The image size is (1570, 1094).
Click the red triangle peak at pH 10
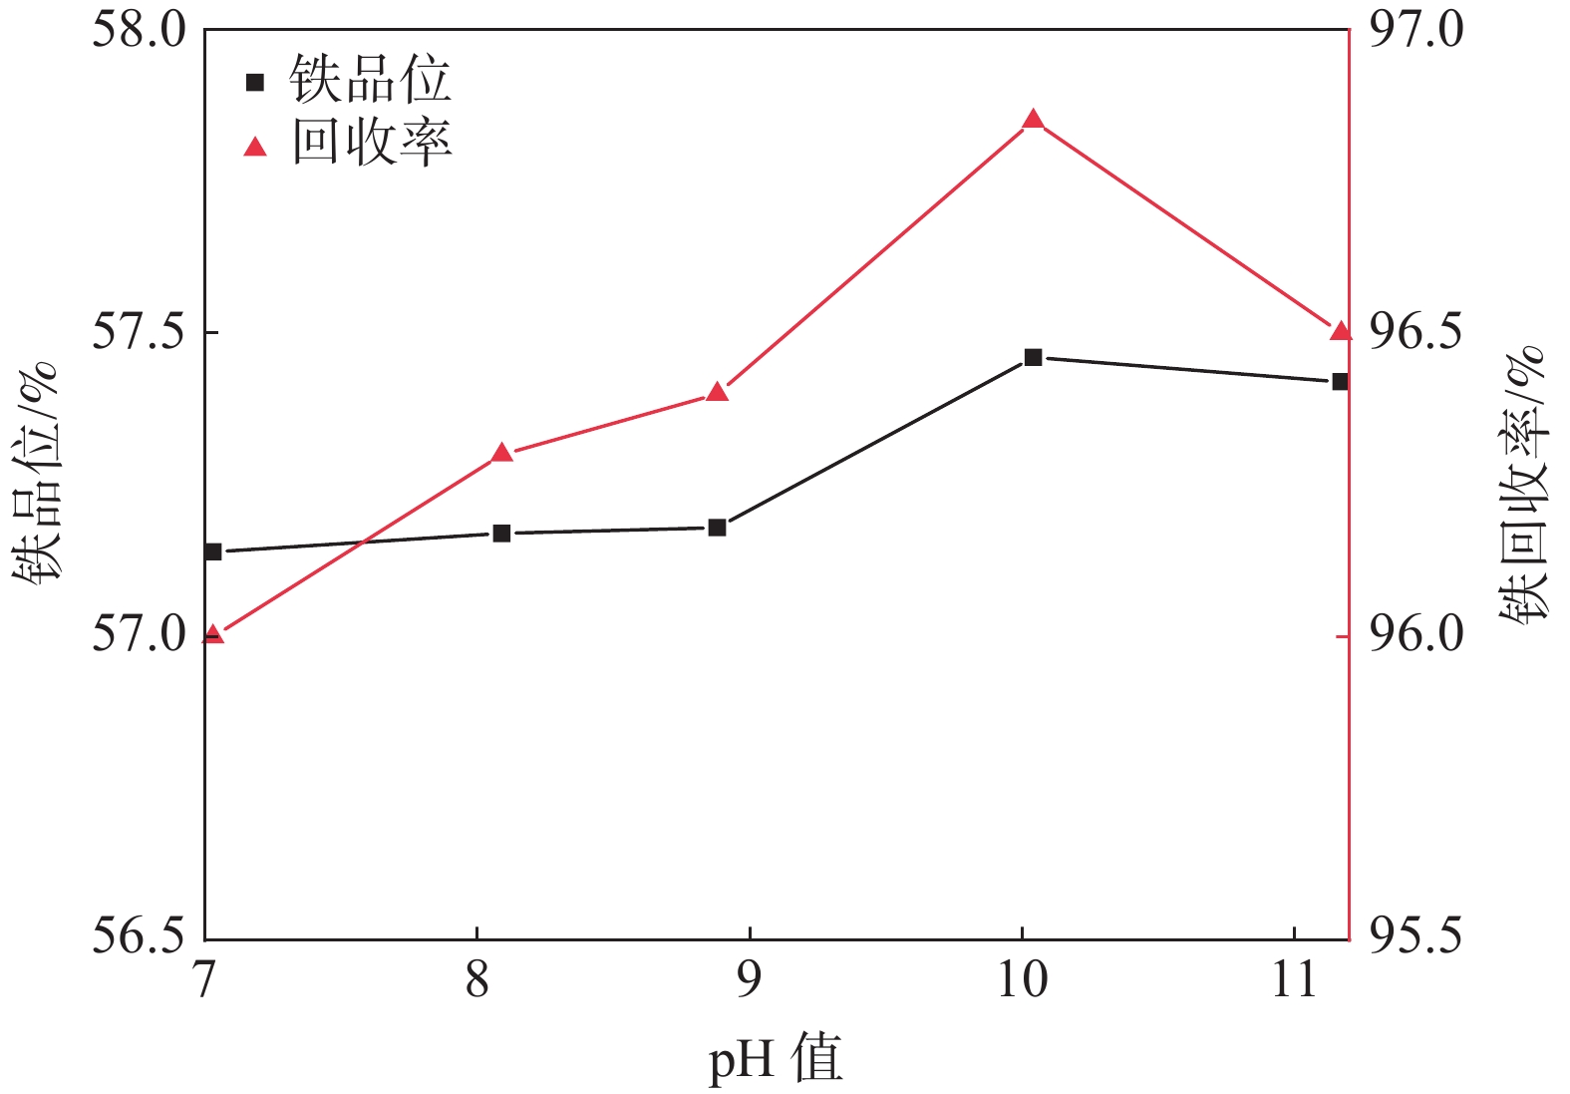[x=1033, y=121]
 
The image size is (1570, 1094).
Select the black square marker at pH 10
[x=1033, y=357]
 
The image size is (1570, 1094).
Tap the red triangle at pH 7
[x=212, y=634]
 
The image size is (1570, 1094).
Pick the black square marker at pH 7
[x=212, y=551]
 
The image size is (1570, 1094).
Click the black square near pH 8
[x=502, y=534]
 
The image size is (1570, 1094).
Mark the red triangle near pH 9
[x=718, y=392]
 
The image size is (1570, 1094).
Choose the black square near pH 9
[x=718, y=528]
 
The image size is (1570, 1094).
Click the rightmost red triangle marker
[x=1341, y=331]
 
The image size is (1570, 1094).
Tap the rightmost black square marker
[x=1341, y=381]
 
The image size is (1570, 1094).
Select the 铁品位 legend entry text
[x=370, y=81]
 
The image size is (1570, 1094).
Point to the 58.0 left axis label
[x=140, y=30]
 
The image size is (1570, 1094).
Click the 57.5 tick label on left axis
[x=140, y=332]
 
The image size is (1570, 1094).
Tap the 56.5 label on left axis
[x=140, y=937]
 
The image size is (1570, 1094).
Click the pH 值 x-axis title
[x=776, y=1059]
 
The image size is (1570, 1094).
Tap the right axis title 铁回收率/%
[x=1523, y=486]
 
